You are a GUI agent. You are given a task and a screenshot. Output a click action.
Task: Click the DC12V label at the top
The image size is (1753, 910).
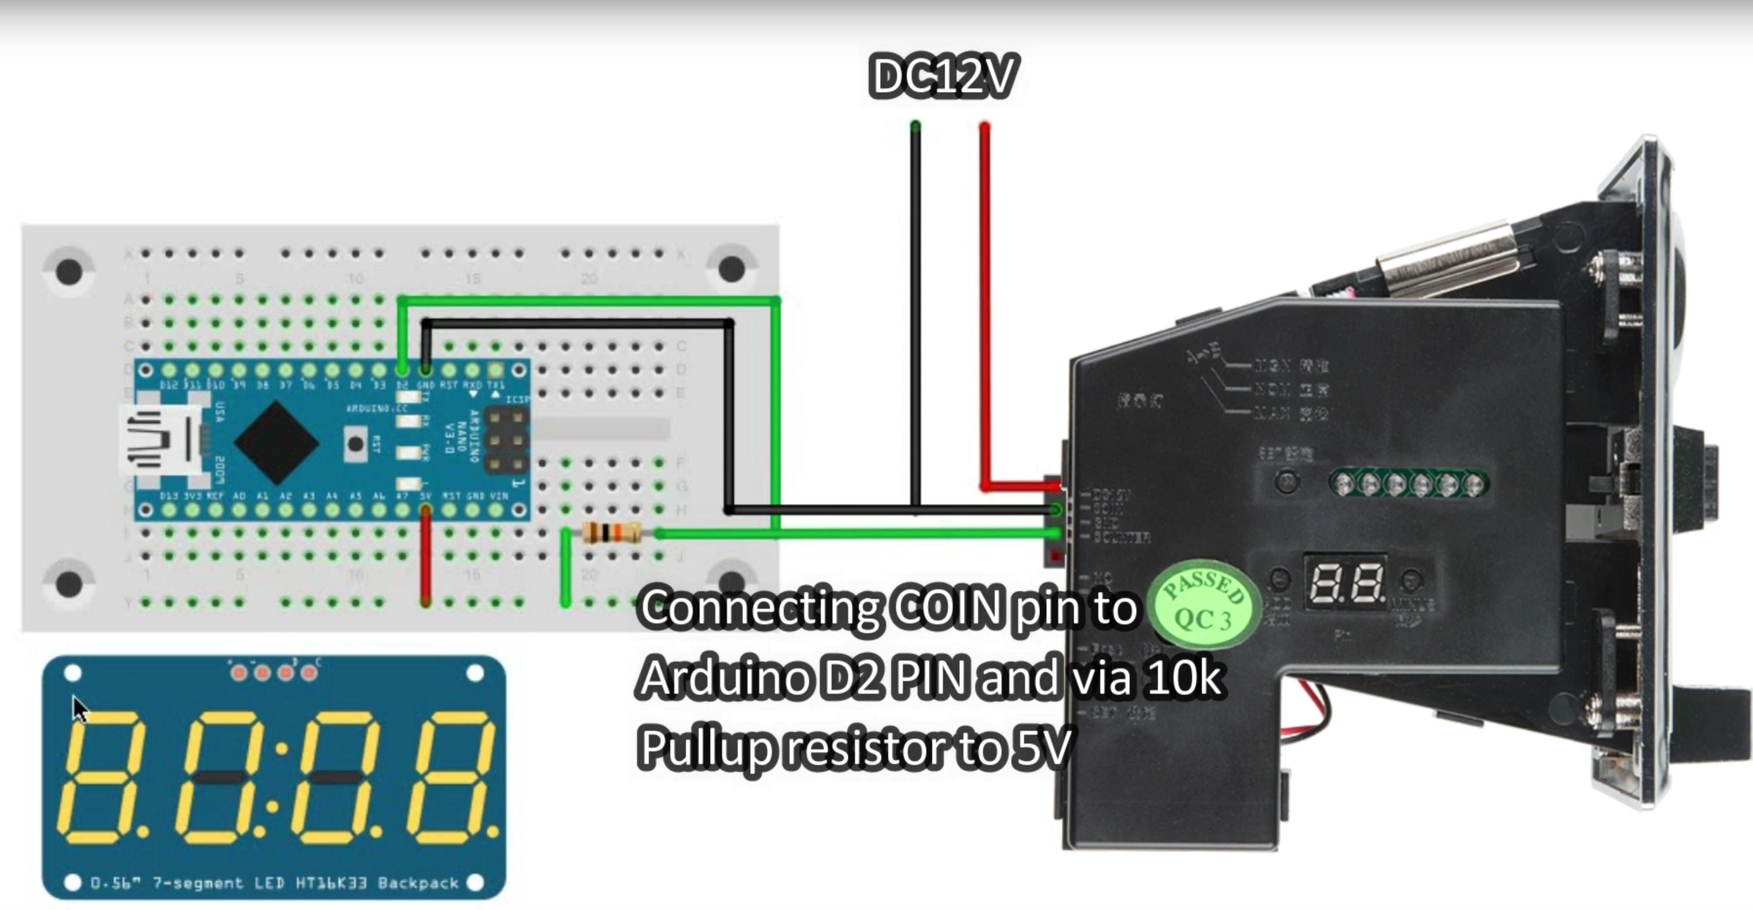(943, 76)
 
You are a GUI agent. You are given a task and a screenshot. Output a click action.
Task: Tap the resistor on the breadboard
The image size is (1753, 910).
(612, 533)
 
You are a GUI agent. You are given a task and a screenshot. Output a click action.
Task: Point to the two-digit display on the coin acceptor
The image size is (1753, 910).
(1346, 583)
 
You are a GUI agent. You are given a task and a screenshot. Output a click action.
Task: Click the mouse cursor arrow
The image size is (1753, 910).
(80, 709)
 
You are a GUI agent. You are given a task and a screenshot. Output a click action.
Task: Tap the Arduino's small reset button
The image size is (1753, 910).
(355, 443)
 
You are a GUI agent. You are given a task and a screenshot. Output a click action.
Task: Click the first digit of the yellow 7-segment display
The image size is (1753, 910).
(104, 777)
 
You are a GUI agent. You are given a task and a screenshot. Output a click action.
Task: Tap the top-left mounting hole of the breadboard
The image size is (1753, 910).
(69, 271)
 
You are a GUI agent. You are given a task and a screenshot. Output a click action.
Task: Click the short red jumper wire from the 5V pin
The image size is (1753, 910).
(426, 558)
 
